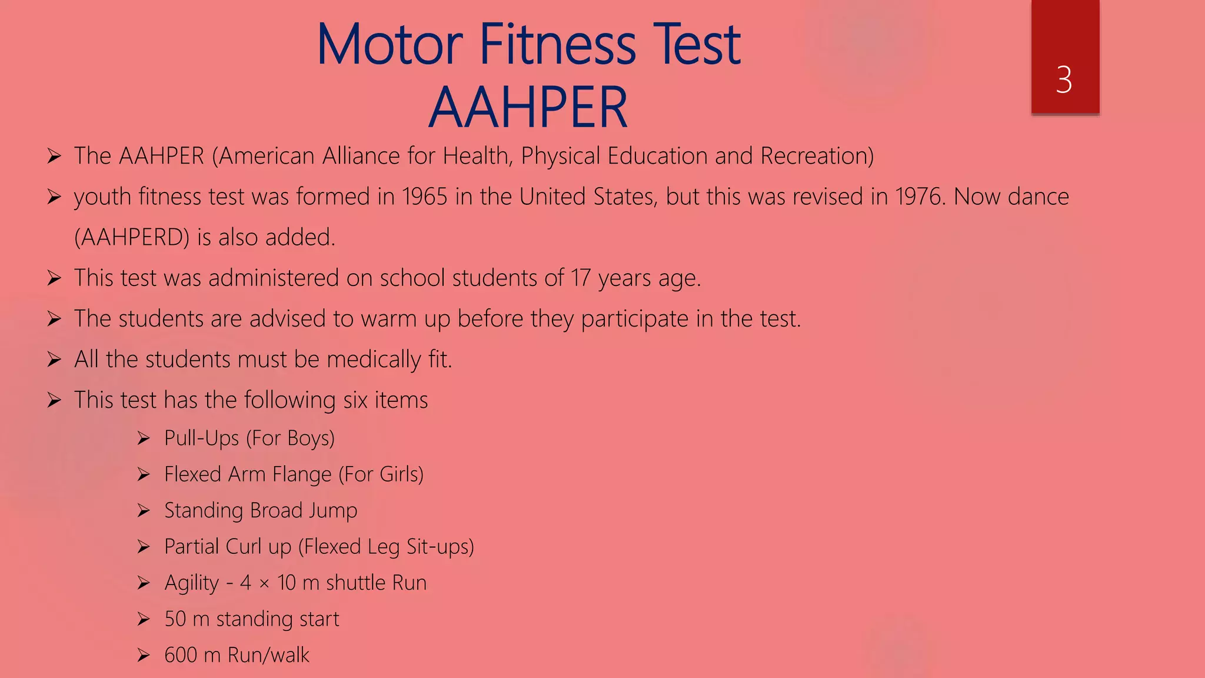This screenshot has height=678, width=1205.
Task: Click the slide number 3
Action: pyautogui.click(x=1064, y=80)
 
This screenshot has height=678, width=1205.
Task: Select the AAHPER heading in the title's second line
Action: pyautogui.click(x=528, y=108)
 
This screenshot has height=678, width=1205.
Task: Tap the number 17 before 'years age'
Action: pyautogui.click(x=580, y=278)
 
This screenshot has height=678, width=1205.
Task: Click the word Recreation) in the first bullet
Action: pyautogui.click(x=817, y=156)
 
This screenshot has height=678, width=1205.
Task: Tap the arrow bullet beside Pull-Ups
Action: pyautogui.click(x=144, y=438)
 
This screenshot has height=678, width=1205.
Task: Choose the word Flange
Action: pyautogui.click(x=302, y=474)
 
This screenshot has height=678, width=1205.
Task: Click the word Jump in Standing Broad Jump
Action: pyautogui.click(x=334, y=510)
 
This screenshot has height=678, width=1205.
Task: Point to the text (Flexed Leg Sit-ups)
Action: pyautogui.click(x=386, y=547)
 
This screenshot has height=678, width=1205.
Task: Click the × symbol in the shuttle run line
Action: pyautogui.click(x=264, y=583)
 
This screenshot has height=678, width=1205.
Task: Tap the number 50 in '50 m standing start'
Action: pyautogui.click(x=175, y=619)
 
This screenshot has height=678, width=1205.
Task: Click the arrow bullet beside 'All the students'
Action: pyautogui.click(x=54, y=360)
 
